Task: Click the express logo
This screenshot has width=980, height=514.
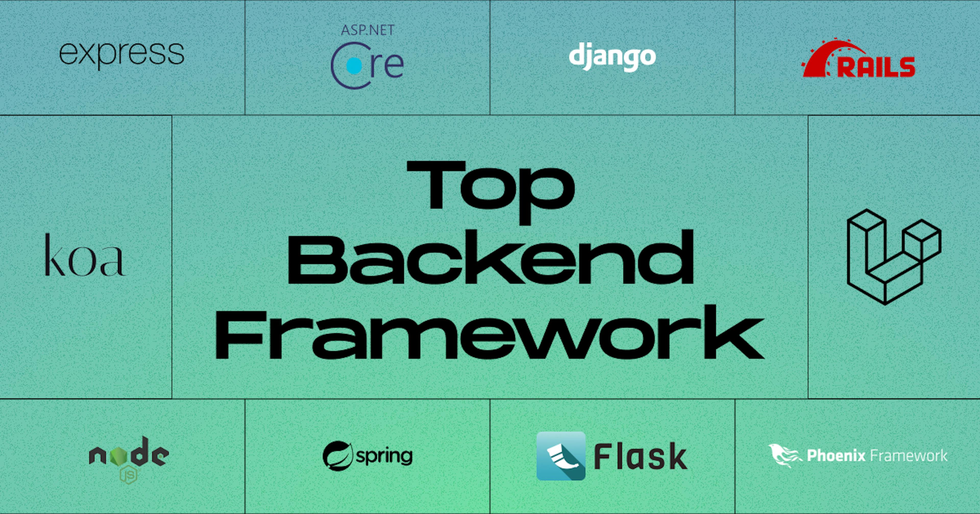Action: pos(122,55)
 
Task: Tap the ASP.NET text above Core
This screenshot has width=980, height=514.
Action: pos(367,30)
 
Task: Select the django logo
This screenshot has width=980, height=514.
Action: pos(612,57)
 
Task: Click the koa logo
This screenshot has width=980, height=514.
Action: pos(84,255)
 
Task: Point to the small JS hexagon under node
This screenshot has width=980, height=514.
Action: pos(129,475)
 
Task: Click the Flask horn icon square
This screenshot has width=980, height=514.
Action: pos(561,456)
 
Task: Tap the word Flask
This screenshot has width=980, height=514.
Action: pos(641,456)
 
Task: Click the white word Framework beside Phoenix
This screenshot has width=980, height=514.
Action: pos(909,455)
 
